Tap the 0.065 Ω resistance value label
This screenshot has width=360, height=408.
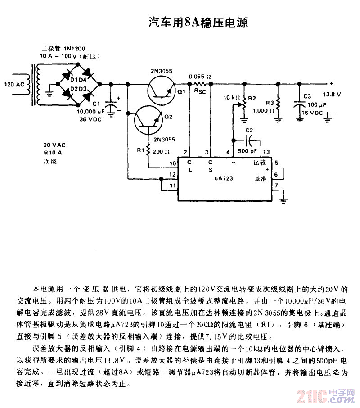click(x=200, y=76)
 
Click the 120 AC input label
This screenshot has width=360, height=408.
click(x=13, y=85)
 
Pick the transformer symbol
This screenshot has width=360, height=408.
click(x=36, y=85)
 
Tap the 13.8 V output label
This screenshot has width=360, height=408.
click(x=332, y=95)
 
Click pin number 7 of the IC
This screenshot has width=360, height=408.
click(x=276, y=185)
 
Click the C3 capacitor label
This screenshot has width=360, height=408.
click(x=307, y=96)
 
